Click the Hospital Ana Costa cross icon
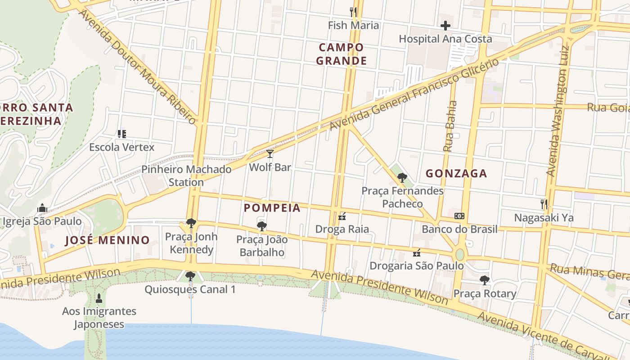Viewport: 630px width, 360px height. (x=445, y=26)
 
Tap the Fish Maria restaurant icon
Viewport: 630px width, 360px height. (x=353, y=12)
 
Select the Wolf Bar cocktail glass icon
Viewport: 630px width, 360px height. (x=270, y=154)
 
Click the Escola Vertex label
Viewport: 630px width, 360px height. (x=121, y=147)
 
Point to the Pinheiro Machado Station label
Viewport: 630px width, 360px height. (x=186, y=175)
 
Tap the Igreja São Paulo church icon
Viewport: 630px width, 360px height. (x=42, y=208)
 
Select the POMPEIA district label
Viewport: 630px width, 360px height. (x=272, y=208)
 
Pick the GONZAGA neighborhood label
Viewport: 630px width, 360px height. (x=456, y=174)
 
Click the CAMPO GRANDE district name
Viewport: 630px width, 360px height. (x=341, y=54)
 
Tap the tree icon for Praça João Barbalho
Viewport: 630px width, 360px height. (x=261, y=226)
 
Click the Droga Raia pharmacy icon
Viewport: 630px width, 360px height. (x=342, y=216)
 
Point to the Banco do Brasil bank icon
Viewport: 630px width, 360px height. (x=459, y=216)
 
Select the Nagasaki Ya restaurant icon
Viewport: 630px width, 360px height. (x=544, y=204)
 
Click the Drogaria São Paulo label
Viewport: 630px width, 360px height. (x=416, y=265)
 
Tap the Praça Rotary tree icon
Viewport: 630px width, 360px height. (x=484, y=280)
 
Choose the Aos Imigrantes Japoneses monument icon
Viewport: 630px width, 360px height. (x=99, y=298)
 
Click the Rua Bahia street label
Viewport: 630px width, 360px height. (x=450, y=126)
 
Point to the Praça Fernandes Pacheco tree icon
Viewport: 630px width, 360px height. (x=402, y=178)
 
